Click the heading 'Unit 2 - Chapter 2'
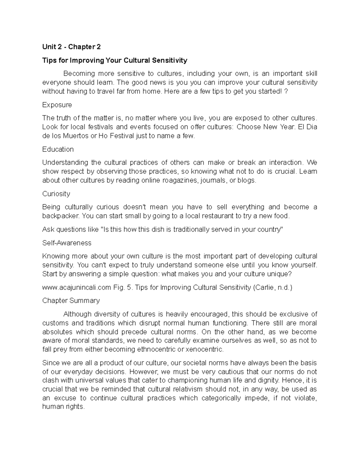(x=71, y=47)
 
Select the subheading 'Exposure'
(x=57, y=105)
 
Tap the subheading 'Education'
(x=58, y=149)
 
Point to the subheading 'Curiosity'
(x=56, y=194)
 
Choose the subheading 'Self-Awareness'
(x=67, y=243)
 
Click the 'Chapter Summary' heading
(x=71, y=301)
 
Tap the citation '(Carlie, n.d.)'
(x=272, y=287)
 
